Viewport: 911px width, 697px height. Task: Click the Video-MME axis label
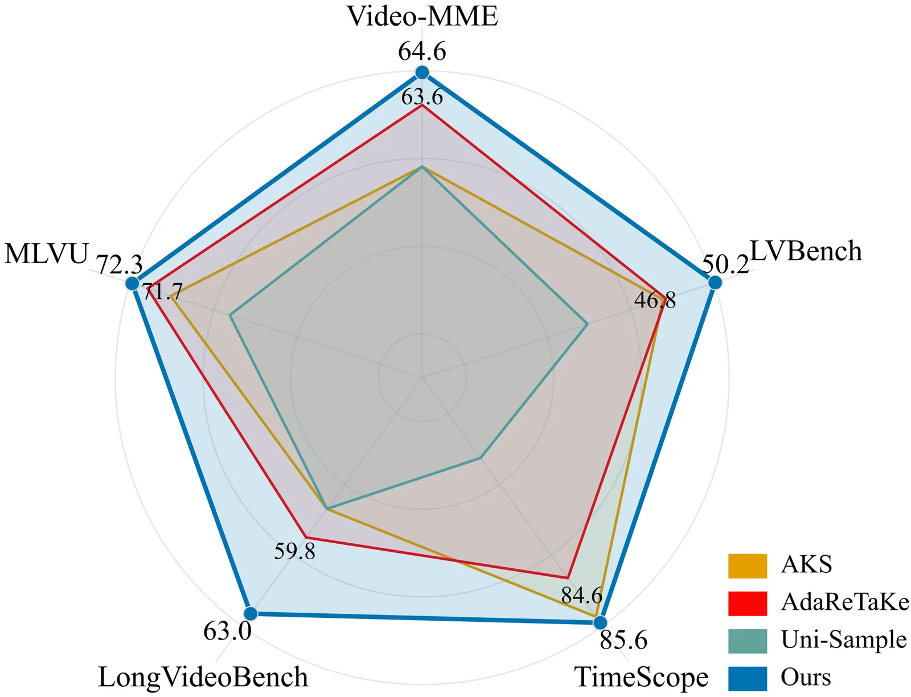click(x=422, y=16)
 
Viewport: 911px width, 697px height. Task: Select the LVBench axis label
click(x=806, y=251)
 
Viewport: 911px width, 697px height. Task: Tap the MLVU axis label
click(x=47, y=254)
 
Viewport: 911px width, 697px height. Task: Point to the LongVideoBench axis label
click(x=203, y=678)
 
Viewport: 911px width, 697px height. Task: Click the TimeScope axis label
click(x=642, y=678)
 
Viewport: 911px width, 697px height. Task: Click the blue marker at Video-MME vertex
click(x=422, y=72)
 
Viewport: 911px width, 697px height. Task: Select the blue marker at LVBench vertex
click(x=715, y=282)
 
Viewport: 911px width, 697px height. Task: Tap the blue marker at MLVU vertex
click(x=132, y=283)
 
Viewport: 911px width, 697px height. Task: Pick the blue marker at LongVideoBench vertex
click(x=250, y=613)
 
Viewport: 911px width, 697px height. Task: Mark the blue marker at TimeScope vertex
click(x=601, y=624)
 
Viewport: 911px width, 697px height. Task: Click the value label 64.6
click(x=422, y=52)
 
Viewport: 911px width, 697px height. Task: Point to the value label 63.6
click(x=422, y=97)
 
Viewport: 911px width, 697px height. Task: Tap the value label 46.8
click(x=655, y=300)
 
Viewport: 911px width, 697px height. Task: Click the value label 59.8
click(x=294, y=551)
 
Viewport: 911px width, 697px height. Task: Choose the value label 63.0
click(x=227, y=632)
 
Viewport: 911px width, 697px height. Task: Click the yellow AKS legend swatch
click(x=747, y=565)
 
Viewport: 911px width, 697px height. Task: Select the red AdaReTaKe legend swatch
click(x=747, y=603)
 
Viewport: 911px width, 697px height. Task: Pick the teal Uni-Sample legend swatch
click(x=747, y=641)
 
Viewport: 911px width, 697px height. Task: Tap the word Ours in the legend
click(x=806, y=678)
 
